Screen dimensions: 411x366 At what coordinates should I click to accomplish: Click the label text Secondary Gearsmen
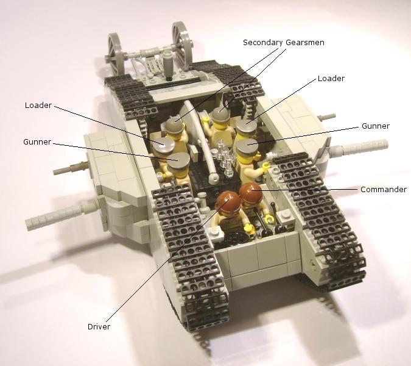coord(284,43)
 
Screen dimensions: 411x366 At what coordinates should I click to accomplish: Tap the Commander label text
coord(384,190)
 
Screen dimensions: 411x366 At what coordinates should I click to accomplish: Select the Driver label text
coord(99,326)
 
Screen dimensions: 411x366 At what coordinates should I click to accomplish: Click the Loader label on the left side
coord(38,106)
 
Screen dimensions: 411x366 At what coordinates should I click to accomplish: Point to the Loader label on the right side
coord(331,79)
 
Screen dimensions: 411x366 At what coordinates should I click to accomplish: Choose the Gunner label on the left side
coord(37,142)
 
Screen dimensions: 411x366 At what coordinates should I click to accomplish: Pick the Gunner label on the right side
coord(376,126)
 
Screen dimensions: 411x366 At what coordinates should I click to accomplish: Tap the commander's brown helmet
coord(251,192)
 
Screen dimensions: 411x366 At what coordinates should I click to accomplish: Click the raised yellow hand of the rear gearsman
coord(205,119)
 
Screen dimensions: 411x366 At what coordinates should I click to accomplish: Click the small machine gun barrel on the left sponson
coord(70,168)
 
